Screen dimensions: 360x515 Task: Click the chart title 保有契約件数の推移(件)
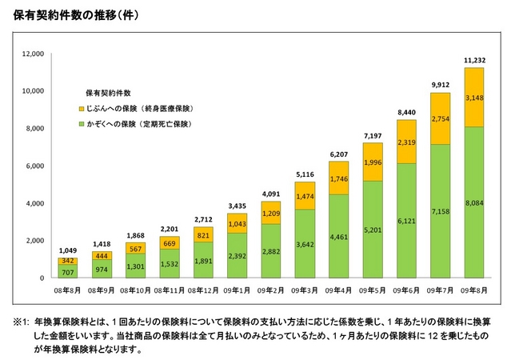(73, 14)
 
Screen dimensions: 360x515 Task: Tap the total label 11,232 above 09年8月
(474, 60)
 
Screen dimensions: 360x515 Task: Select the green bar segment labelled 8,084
(474, 202)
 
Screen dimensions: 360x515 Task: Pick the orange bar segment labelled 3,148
(474, 98)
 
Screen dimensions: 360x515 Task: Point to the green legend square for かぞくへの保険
(82, 125)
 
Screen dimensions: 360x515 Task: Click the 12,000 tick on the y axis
(32, 54)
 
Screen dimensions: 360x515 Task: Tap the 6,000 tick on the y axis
(34, 166)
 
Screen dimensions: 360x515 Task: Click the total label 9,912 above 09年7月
(441, 85)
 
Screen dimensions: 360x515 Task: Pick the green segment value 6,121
(407, 221)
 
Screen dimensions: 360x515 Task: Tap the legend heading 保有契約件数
(108, 92)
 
